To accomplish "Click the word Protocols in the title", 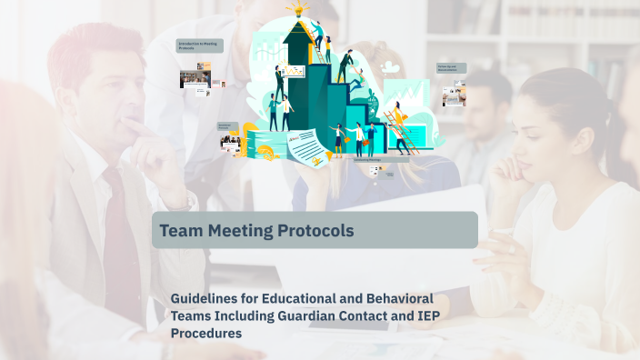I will pos(312,231).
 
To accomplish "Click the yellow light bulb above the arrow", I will pos(296,10).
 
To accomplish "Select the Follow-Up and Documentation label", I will pos(452,68).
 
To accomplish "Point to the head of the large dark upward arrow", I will pos(297,36).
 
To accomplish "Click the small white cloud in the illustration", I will pos(391,66).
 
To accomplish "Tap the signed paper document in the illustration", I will pos(308,146).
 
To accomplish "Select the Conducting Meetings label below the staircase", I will pos(368,159).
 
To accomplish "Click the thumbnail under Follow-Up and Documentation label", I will pos(454,95).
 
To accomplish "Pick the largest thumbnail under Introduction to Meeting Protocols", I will pos(194,79).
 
